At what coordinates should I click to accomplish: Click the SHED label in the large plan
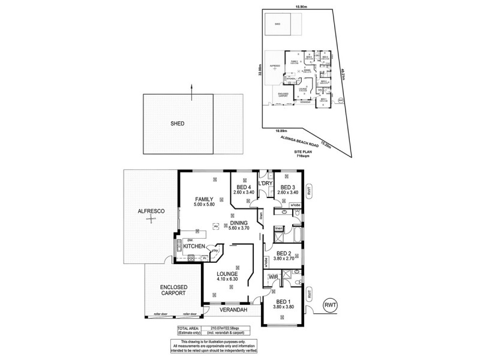pos(177,124)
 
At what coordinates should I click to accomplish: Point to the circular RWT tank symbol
pos(331,305)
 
